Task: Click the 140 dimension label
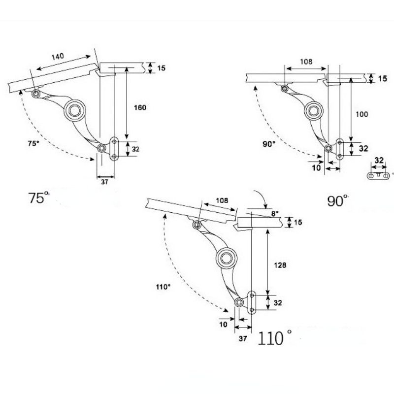58,57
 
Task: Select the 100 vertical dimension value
362,114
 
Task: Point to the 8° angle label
274,213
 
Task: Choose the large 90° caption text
337,200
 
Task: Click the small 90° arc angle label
269,145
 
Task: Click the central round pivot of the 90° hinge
313,111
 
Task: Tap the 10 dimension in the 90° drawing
317,167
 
